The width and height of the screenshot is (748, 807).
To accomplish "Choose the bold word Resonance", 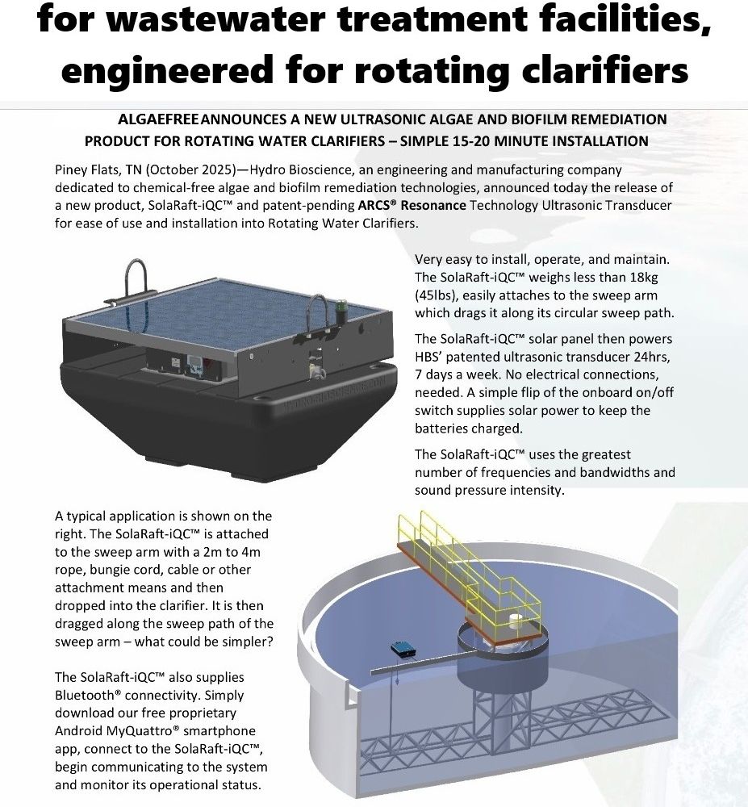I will coord(434,206).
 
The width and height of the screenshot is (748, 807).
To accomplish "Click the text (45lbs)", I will coord(437,295).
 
